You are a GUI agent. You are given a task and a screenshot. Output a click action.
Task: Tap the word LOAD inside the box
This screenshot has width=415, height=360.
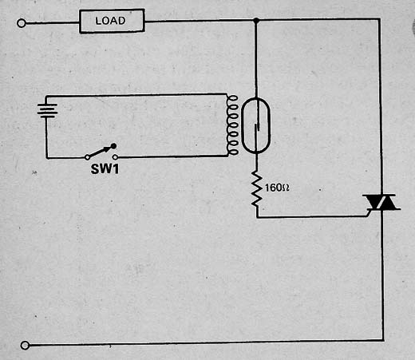[x=110, y=21]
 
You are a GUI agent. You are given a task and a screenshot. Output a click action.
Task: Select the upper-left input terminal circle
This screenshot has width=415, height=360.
[x=22, y=23]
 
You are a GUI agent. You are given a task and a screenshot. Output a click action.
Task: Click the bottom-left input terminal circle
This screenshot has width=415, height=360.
[x=25, y=346]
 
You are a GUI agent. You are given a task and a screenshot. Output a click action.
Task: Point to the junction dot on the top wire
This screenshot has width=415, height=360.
[x=256, y=20]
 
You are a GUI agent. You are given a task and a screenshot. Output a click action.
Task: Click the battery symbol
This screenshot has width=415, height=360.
[x=47, y=110]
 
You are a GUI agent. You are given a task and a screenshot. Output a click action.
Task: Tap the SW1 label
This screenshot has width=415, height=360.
[x=105, y=168]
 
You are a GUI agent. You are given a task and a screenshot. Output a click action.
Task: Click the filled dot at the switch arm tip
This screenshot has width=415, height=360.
[x=113, y=146]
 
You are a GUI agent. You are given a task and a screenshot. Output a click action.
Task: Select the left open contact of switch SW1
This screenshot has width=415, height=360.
[x=87, y=157]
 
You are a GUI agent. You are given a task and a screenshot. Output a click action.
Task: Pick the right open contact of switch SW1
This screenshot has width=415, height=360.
[x=115, y=157]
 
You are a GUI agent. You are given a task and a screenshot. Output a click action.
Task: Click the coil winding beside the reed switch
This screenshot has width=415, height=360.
[x=232, y=125]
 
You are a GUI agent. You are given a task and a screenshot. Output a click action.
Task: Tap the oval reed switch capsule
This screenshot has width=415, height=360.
[x=242, y=125]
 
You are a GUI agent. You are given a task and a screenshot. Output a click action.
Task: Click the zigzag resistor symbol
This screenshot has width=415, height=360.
[x=257, y=189]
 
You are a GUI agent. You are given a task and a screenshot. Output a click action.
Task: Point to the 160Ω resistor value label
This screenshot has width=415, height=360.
[x=277, y=188]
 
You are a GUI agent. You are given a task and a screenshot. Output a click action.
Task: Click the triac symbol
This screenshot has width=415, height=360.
[x=381, y=202]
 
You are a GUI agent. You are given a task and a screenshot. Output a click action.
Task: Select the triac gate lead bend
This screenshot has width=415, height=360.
[x=367, y=216]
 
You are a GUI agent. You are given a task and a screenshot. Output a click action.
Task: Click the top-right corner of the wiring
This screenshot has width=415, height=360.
[x=379, y=19]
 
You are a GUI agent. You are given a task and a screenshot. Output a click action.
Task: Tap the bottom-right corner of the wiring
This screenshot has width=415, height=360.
[x=382, y=340]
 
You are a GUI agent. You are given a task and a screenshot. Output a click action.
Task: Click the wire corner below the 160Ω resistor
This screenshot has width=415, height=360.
[x=257, y=217]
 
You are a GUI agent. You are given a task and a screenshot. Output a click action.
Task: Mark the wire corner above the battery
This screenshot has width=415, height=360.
[x=46, y=96]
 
